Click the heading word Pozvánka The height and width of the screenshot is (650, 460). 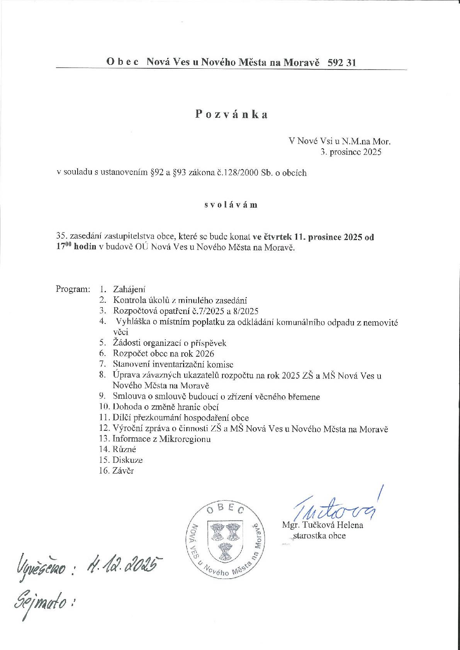click(x=231, y=114)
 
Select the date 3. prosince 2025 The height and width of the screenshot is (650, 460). click(x=351, y=152)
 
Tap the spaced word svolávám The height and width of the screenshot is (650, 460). click(x=231, y=205)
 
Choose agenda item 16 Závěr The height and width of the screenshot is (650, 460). click(x=123, y=471)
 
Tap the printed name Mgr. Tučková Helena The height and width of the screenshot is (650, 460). click(x=323, y=525)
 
